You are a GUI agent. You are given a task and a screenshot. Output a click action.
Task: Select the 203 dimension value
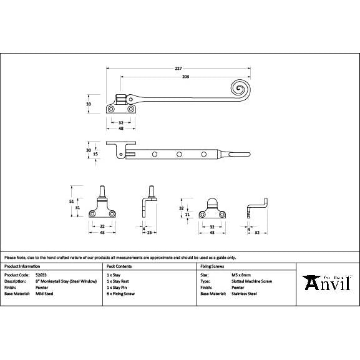click(185, 77)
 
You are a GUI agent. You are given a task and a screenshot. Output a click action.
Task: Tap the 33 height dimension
click(89, 104)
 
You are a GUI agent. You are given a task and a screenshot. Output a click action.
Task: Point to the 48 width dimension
click(120, 129)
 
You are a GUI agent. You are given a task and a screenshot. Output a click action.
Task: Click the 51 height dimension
click(72, 202)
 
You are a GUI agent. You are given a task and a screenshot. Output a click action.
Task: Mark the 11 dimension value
click(188, 214)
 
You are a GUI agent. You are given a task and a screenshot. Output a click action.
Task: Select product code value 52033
click(42, 275)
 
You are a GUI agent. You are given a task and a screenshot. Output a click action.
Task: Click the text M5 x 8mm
click(241, 275)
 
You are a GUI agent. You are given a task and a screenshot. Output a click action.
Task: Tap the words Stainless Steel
click(244, 293)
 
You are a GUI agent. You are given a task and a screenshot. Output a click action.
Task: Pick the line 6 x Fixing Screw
click(120, 293)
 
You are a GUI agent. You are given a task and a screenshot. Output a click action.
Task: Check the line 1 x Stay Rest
click(118, 281)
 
